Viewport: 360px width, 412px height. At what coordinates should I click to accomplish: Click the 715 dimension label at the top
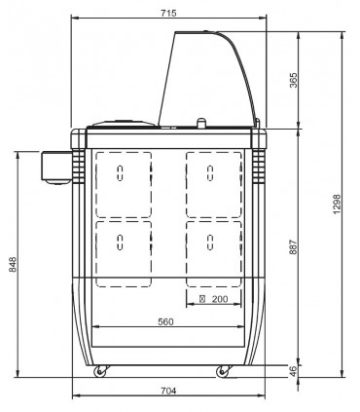pyautogui.click(x=168, y=13)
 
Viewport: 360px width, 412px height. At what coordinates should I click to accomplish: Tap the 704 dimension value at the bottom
pyautogui.click(x=168, y=391)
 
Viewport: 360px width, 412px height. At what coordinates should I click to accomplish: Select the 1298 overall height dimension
pyautogui.click(x=337, y=204)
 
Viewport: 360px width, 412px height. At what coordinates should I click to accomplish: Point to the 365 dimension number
pyautogui.click(x=293, y=80)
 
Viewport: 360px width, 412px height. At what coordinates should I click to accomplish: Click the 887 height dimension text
pyautogui.click(x=293, y=247)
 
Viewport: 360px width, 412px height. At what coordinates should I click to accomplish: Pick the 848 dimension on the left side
pyautogui.click(x=12, y=265)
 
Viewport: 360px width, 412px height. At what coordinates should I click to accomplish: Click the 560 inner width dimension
pyautogui.click(x=165, y=321)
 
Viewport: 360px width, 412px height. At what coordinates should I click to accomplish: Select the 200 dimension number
pyautogui.click(x=220, y=299)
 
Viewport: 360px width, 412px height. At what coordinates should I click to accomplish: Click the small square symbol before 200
pyautogui.click(x=202, y=299)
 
